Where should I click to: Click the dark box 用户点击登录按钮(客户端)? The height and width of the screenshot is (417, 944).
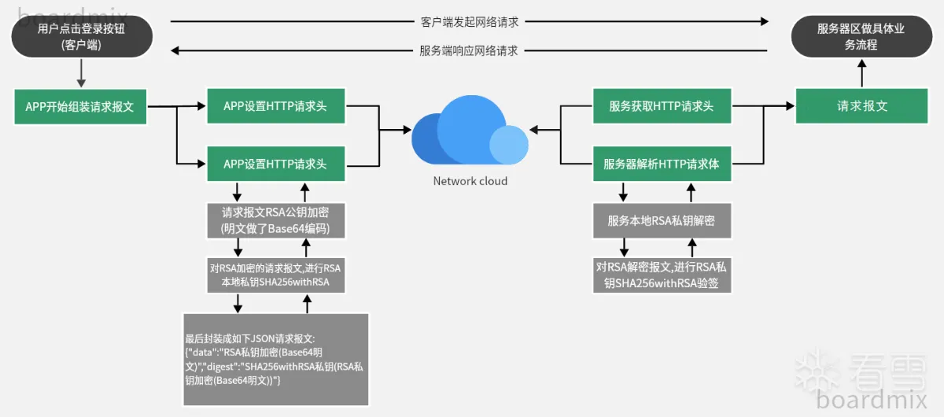[x=82, y=37]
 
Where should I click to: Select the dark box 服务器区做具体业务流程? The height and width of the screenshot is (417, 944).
[x=861, y=37]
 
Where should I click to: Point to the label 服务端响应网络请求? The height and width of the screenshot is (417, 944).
[x=469, y=50]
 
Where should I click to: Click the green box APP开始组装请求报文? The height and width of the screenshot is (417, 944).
[x=80, y=107]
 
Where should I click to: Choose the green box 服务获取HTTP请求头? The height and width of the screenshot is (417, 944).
[x=662, y=106]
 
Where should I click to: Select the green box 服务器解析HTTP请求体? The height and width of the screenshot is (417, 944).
[x=662, y=164]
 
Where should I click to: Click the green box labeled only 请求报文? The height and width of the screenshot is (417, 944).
[x=862, y=106]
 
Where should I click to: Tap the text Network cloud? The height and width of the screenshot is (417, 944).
[x=470, y=181]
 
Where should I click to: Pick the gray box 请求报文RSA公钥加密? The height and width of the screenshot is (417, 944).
[x=275, y=221]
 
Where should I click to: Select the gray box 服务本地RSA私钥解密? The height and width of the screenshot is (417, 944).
[x=662, y=221]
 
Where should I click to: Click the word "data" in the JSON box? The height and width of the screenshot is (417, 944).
[x=202, y=352]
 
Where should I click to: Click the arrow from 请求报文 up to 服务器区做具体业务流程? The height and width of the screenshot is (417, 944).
[x=861, y=75]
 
